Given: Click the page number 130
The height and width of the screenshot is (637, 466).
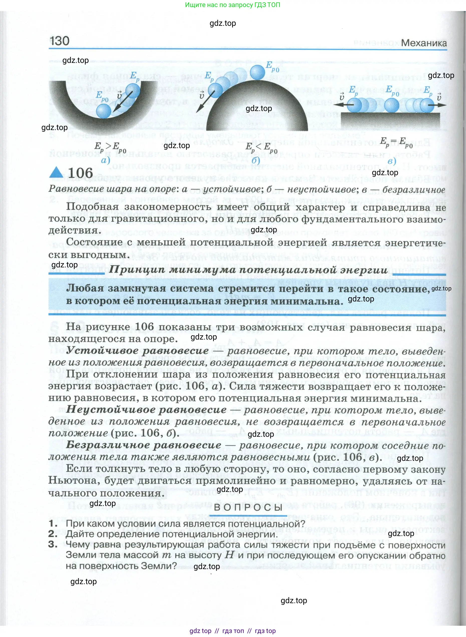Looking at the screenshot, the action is click(60, 41).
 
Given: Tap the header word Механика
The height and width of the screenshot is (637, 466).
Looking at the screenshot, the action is click(424, 43).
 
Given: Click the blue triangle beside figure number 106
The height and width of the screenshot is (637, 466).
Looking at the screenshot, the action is click(56, 172).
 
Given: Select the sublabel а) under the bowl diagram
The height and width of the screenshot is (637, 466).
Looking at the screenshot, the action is click(105, 160).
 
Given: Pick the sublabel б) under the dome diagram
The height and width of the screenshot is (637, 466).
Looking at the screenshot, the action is click(256, 160).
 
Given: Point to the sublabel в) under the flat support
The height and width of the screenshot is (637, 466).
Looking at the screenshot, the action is click(392, 161).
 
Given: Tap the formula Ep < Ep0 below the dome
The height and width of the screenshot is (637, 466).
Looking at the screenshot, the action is click(261, 147).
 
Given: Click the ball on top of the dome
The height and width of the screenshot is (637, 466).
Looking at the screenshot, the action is click(258, 72).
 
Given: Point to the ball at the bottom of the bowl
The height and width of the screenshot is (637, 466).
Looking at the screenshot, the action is click(103, 111).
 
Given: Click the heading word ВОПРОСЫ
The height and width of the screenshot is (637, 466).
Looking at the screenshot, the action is click(248, 507).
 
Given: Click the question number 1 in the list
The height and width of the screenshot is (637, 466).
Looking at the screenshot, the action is click(53, 523).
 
